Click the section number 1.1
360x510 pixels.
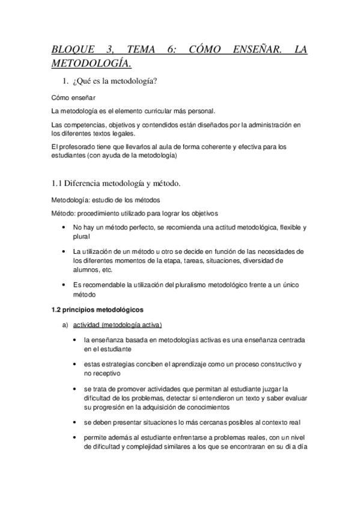(x=58, y=183)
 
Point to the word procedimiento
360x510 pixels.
(x=105, y=214)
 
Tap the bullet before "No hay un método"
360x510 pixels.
(x=64, y=228)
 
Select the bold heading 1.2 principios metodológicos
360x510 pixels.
(x=97, y=310)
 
